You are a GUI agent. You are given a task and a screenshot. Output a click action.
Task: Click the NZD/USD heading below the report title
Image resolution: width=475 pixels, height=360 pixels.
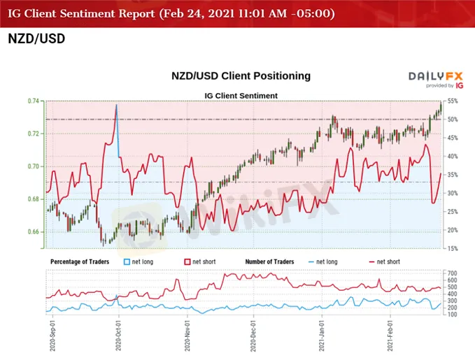(x=36, y=38)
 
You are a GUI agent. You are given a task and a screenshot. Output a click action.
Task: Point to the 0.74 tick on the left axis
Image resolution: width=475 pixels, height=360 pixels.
(x=34, y=101)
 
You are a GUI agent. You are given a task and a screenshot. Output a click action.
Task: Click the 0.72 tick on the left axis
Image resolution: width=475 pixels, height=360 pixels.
(x=34, y=134)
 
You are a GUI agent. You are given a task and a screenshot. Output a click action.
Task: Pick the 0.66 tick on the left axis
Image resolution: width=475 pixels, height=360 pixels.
(x=34, y=232)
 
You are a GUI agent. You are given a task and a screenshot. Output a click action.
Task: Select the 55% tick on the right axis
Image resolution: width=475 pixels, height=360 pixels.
(x=452, y=101)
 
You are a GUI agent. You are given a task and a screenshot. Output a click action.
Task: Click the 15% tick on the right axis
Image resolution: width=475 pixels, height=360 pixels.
(x=452, y=248)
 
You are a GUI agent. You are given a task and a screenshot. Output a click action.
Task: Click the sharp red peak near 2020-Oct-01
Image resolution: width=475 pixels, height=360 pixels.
(x=116, y=105)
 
